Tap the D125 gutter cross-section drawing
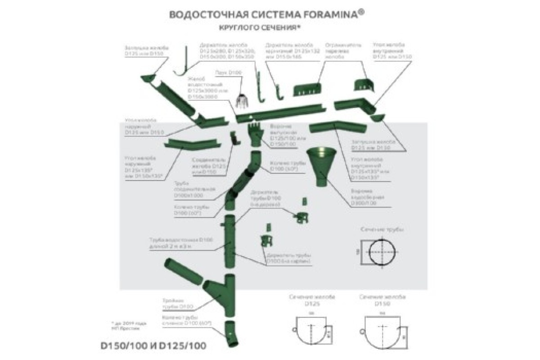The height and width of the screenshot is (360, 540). pos(310,331)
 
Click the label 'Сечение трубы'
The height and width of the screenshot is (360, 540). pos(382,229)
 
